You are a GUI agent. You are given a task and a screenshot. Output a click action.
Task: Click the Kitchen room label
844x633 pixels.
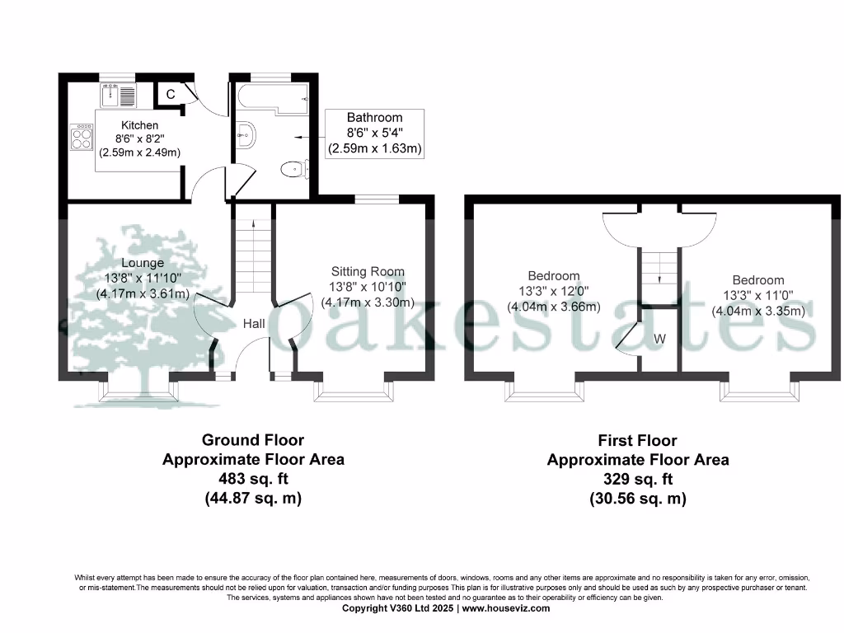click(139, 125)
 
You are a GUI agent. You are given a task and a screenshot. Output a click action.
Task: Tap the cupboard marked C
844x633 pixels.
click(171, 94)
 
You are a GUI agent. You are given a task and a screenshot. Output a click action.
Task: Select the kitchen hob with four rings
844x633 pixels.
click(82, 138)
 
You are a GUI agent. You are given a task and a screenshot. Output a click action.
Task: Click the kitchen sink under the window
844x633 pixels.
click(121, 96)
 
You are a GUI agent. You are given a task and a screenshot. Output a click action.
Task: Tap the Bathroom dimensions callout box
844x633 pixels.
click(374, 134)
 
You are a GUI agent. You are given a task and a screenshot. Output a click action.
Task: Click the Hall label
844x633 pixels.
click(254, 324)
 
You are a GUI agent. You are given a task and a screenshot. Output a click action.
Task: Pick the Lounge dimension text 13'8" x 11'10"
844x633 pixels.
click(143, 279)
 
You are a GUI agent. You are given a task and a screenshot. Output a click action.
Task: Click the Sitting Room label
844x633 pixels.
click(368, 271)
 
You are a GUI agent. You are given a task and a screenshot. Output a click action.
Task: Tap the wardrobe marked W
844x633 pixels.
click(659, 338)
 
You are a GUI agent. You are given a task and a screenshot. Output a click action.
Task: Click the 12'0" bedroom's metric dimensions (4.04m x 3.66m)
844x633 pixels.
click(554, 306)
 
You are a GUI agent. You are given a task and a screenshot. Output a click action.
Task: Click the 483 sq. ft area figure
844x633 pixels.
click(253, 479)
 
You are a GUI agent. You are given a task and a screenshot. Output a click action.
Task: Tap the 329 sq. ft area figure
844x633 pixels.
click(638, 479)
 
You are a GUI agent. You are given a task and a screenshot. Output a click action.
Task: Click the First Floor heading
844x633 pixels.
click(638, 441)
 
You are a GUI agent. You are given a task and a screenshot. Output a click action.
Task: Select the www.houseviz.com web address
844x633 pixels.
click(505, 608)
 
